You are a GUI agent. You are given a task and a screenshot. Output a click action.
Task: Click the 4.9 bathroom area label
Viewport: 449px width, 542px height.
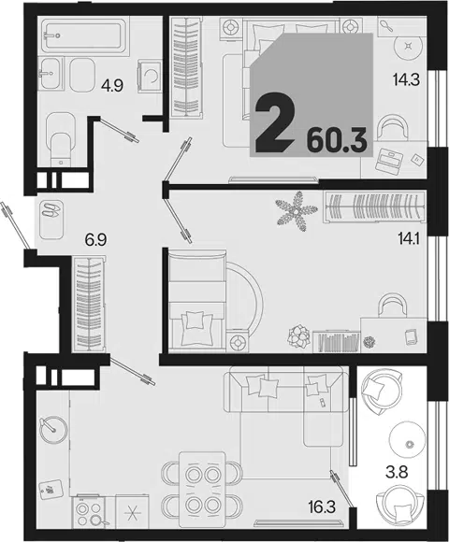coord(112,85)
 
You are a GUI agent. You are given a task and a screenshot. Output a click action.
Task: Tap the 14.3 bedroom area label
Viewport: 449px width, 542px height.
coord(406,79)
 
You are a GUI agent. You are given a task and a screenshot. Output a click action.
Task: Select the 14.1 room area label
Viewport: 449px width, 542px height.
coord(408,239)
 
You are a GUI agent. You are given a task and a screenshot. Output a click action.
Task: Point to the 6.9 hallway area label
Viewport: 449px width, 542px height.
coord(95,239)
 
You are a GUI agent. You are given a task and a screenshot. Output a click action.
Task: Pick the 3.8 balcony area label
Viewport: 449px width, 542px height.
coord(397,472)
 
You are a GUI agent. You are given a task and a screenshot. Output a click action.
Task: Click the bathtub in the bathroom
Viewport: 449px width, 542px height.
coord(82,36)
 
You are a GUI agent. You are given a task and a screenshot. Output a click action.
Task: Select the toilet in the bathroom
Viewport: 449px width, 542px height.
coord(61,139)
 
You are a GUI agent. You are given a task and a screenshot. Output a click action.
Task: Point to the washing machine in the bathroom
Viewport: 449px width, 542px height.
coord(150,76)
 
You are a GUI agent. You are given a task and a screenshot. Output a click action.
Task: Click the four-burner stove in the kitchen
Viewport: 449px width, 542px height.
coord(88,512)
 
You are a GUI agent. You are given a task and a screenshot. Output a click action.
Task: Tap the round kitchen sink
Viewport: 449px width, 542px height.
coord(53,430)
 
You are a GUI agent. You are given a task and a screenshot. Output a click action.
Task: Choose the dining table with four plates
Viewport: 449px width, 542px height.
coord(202,490)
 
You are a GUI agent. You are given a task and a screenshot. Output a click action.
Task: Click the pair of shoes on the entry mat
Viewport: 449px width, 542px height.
coord(51,209)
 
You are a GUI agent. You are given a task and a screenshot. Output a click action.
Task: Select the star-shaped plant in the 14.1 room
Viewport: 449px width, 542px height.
coord(297,210)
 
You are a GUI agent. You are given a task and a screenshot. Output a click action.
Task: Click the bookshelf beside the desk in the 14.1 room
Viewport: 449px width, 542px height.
coord(336,341)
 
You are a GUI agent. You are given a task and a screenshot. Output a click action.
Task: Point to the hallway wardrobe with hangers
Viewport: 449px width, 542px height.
coord(89,304)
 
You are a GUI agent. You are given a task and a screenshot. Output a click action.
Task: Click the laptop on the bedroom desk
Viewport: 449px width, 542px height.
coord(389,160)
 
